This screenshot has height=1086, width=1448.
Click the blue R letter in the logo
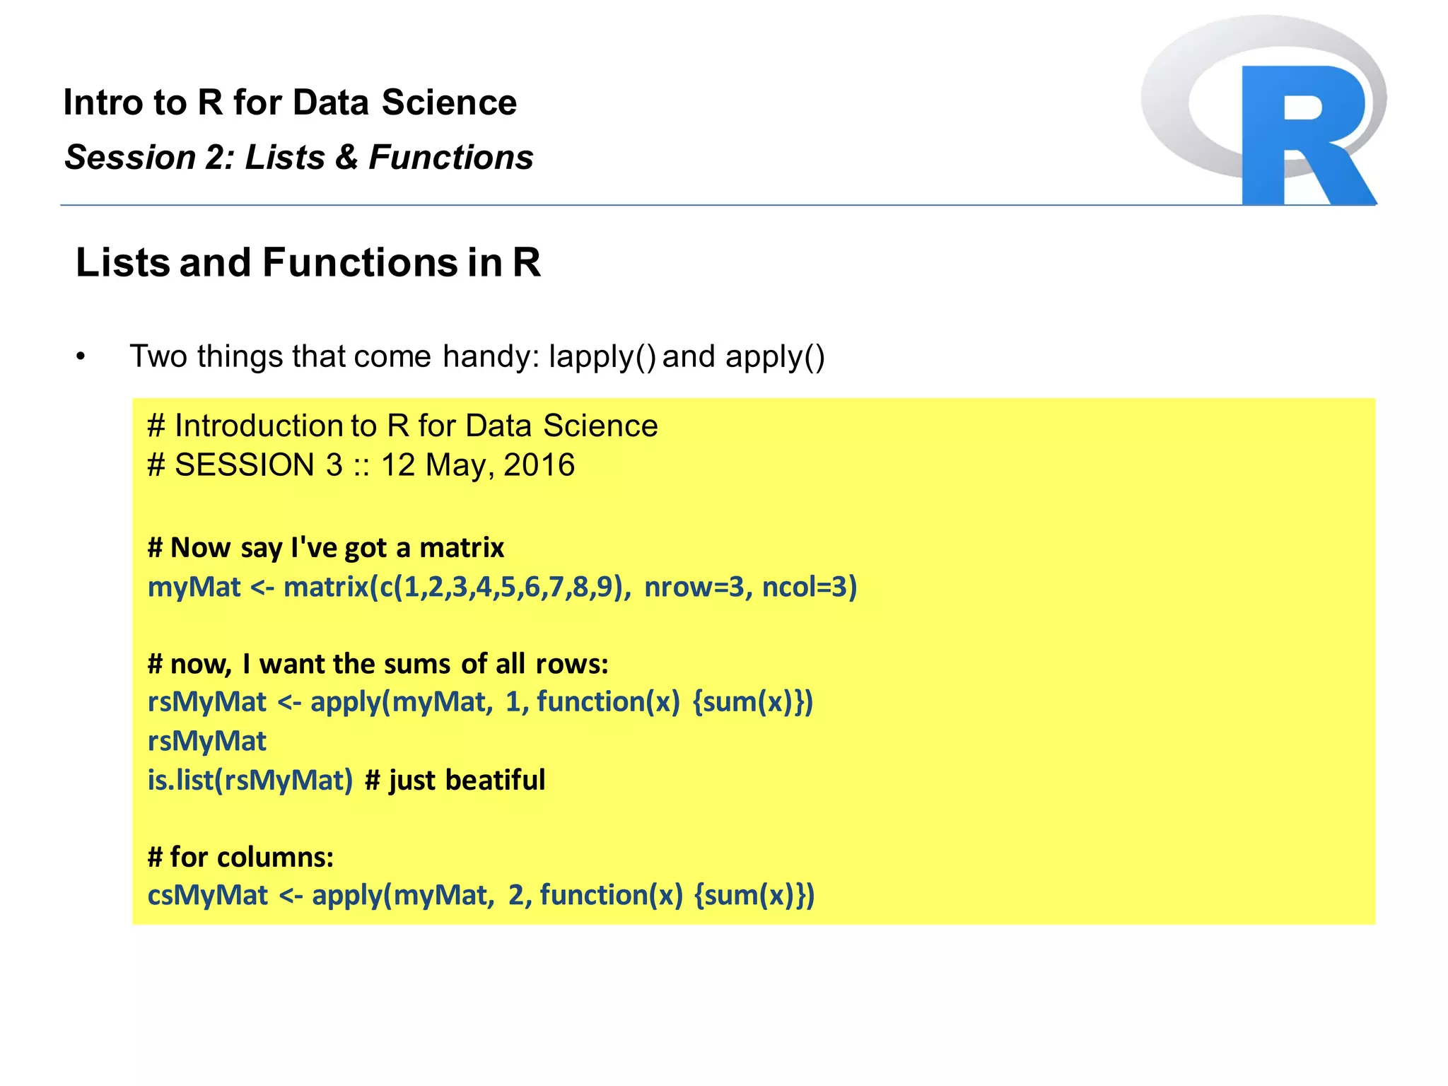click(1304, 134)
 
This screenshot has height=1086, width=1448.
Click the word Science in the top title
click(449, 103)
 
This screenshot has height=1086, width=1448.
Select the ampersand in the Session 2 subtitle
click(346, 157)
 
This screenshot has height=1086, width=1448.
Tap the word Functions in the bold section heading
click(360, 263)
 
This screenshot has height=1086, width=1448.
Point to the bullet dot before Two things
click(81, 357)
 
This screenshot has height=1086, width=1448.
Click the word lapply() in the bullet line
click(602, 357)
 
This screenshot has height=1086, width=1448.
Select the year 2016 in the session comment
click(539, 465)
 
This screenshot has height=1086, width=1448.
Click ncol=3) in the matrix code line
click(810, 587)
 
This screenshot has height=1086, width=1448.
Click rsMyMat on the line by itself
click(206, 741)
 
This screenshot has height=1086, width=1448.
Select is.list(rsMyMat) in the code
click(250, 780)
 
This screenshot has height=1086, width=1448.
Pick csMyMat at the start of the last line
click(207, 895)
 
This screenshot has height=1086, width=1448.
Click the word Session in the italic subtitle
click(129, 157)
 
